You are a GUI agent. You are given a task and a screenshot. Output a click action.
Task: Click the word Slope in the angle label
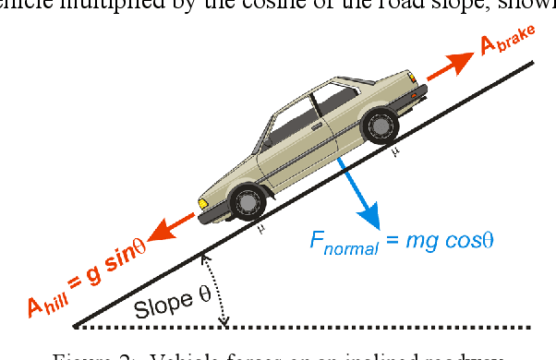coord(157,308)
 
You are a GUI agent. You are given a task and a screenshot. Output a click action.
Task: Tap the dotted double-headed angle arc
coord(215,290)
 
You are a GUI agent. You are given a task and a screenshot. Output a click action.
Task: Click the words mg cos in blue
coord(439,240)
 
